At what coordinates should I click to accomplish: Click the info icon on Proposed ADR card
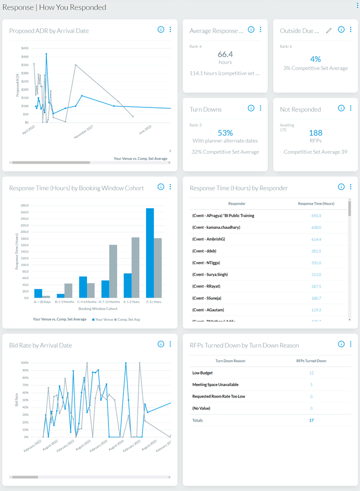(161, 30)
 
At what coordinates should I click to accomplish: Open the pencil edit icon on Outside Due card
(329, 30)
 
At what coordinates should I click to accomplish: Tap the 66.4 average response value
(225, 54)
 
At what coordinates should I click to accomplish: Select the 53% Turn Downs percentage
(225, 133)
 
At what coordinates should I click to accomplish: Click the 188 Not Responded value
(315, 133)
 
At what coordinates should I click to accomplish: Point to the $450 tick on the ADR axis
(25, 49)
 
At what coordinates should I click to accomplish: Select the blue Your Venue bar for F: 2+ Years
(150, 252)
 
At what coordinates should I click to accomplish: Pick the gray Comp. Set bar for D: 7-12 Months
(113, 271)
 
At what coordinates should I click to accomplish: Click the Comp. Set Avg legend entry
(129, 319)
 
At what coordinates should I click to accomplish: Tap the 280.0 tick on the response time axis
(24, 205)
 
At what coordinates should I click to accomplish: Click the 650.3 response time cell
(316, 216)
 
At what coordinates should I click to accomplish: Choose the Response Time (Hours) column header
(316, 204)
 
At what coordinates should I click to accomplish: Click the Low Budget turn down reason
(203, 373)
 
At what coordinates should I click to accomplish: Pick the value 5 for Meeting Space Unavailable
(311, 385)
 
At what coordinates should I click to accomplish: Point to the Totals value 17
(311, 421)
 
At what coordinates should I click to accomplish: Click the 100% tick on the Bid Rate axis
(24, 362)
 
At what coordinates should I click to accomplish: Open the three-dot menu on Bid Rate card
(170, 344)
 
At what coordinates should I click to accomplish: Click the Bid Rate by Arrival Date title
(41, 345)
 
